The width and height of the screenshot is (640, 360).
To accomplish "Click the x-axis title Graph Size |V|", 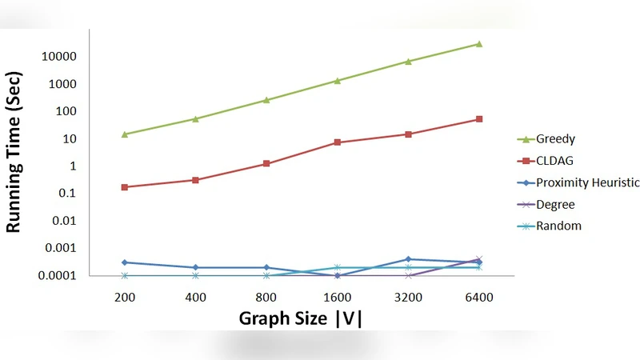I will pos(301,318).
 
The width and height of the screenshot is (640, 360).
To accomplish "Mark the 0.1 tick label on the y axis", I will pos(66,194).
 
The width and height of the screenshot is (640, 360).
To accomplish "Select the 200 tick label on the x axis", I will pos(125,298).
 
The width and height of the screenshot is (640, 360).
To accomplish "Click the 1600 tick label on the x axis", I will pos(337,298).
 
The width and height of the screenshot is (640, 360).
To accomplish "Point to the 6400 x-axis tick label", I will pos(478,298).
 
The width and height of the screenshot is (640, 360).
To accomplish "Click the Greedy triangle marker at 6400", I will pos(479,44).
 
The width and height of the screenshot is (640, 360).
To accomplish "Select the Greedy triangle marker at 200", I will pos(125,134).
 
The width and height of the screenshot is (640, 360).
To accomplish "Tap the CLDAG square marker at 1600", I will pos(338,142).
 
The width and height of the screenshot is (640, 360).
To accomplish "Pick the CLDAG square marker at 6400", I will pos(479,119).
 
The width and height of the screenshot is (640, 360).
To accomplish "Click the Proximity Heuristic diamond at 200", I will pos(125,262).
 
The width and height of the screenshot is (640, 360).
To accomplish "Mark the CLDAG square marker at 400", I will pos(196,180).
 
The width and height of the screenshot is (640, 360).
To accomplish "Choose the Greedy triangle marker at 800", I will pos(266,100).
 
